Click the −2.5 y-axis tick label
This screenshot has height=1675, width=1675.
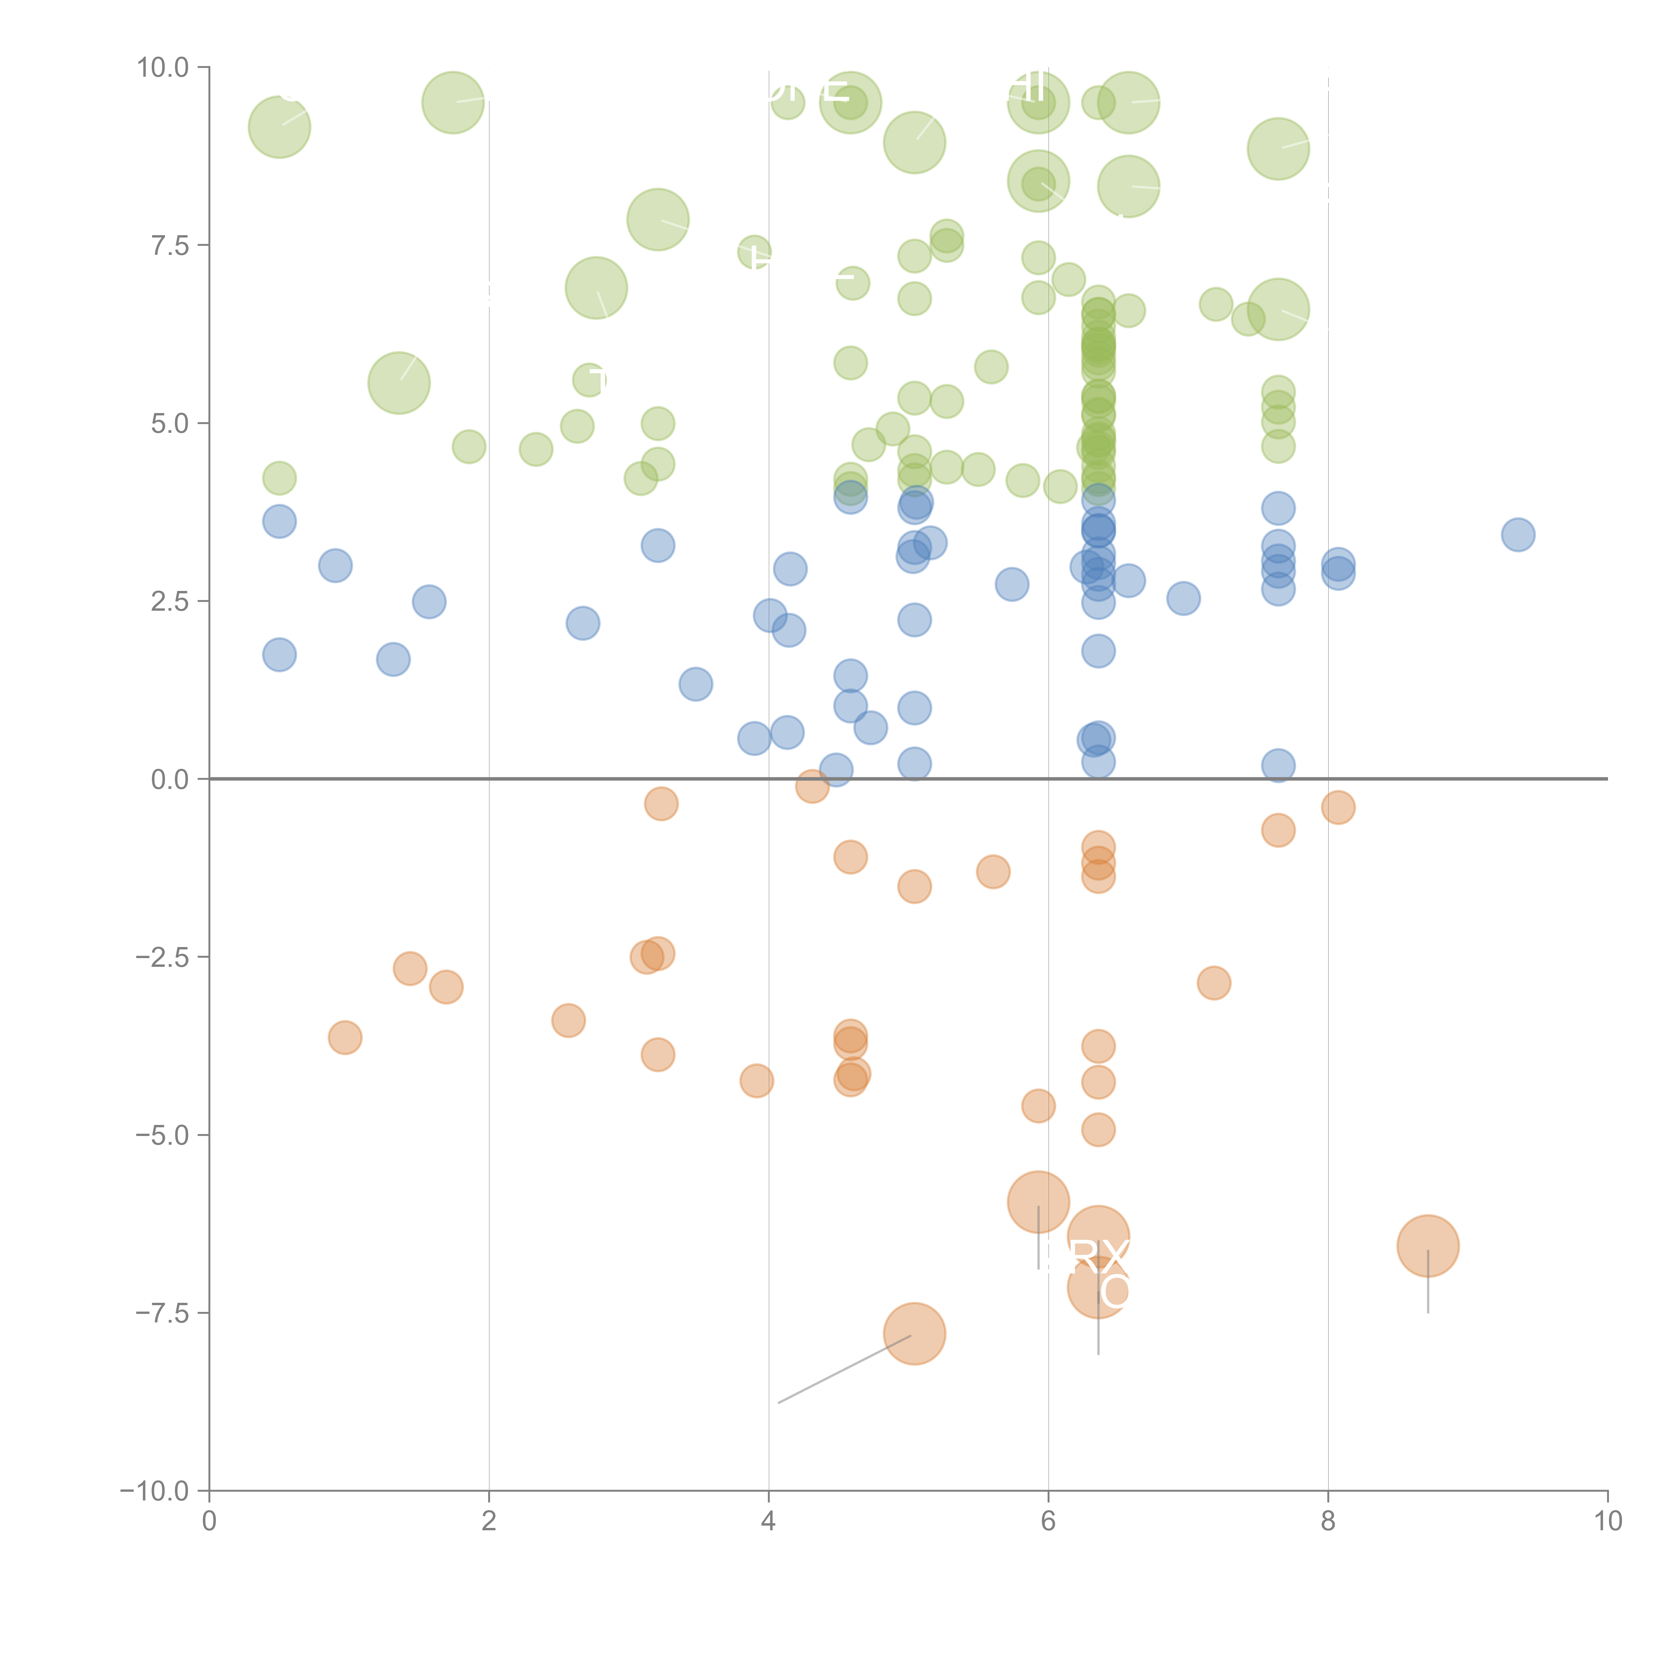[x=162, y=957]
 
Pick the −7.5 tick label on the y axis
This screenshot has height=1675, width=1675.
[x=162, y=1313]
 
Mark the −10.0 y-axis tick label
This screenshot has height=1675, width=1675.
[x=154, y=1491]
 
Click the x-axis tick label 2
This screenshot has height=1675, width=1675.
[x=489, y=1522]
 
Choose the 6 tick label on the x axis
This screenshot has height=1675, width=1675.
[x=1048, y=1522]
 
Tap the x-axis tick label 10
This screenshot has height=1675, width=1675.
[x=1607, y=1522]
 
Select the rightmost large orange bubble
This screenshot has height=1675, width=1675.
[x=1428, y=1246]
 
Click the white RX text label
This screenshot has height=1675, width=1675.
[x=1099, y=1255]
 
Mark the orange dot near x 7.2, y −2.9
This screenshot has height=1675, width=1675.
[x=1214, y=982]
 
